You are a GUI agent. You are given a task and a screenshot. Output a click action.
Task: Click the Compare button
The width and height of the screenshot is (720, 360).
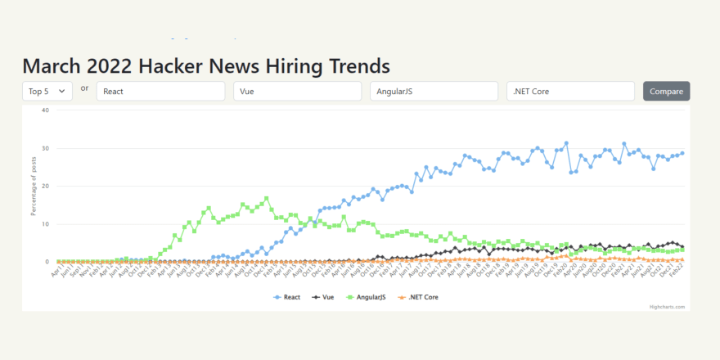[x=666, y=91]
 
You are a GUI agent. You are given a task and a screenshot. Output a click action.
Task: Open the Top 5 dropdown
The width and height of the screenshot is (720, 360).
[x=47, y=91]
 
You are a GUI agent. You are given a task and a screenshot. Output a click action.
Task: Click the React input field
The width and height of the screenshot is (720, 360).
[x=160, y=91]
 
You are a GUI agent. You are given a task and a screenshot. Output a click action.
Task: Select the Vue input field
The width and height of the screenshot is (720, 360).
[x=297, y=91]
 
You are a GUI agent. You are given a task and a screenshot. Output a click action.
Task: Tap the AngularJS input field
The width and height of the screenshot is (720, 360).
[x=434, y=91]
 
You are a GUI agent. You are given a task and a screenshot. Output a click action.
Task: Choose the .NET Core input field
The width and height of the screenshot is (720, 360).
[x=570, y=91]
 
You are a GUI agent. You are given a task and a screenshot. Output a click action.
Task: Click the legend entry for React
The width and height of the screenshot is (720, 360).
[x=288, y=297]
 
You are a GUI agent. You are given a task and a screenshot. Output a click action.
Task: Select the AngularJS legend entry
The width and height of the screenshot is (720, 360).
[x=368, y=297]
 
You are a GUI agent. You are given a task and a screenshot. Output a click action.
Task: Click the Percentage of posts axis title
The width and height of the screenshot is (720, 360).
[x=34, y=187]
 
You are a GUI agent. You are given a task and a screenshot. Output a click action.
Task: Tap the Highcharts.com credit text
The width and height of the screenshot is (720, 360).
[x=668, y=307]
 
